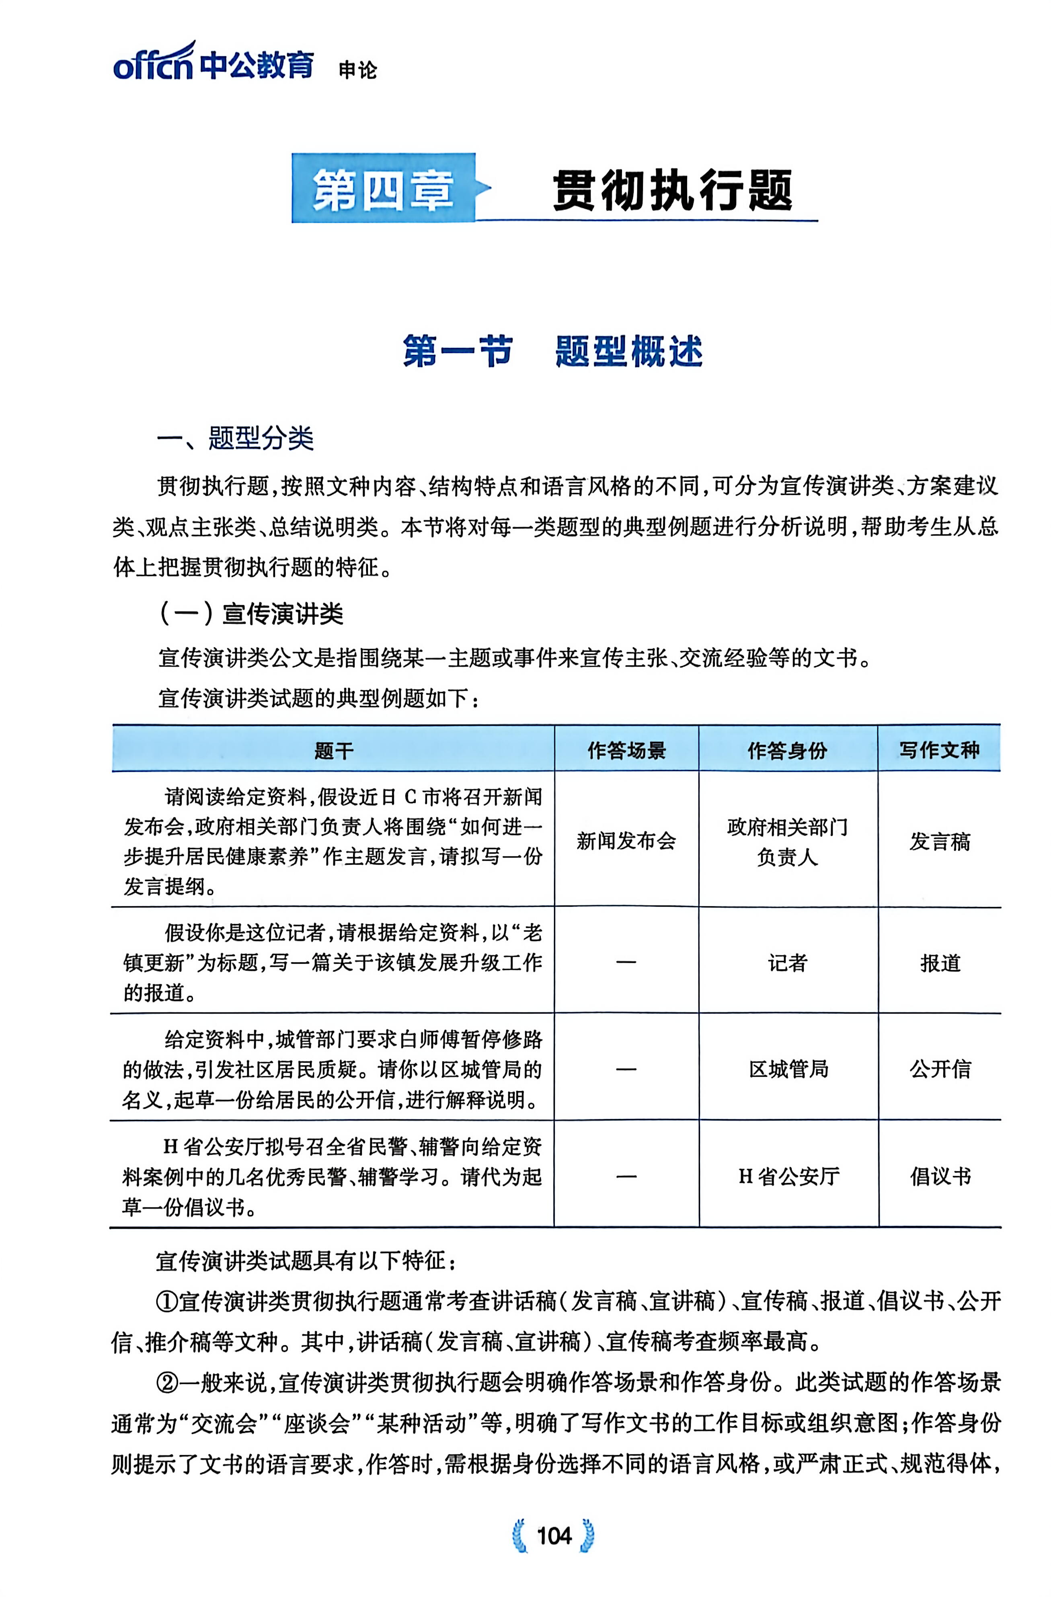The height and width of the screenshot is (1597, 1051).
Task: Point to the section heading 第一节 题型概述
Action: pos(552,351)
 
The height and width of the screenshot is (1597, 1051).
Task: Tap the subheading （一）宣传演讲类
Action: pos(251,613)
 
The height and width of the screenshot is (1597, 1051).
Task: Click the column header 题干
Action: pos(334,750)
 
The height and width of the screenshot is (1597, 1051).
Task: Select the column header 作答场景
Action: pos(626,750)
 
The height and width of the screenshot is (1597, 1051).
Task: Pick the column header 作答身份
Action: pos(787,750)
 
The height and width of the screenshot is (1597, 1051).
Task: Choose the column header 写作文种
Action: pos(939,750)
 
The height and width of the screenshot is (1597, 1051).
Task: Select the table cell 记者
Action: pos(787,963)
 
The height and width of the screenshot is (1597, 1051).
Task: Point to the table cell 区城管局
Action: pos(788,1069)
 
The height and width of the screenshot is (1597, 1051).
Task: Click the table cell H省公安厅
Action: pos(788,1176)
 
